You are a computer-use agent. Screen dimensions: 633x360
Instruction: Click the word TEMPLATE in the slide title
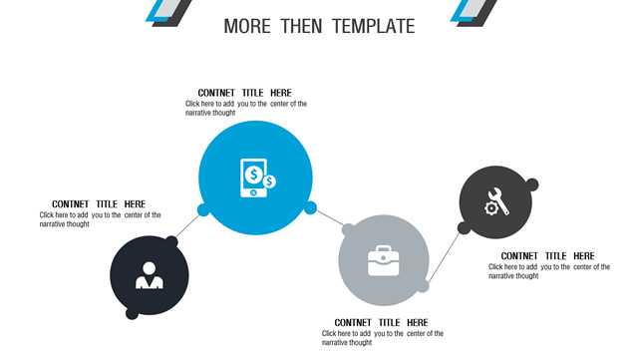point(374,26)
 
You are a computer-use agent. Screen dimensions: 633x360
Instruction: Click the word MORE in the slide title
point(247,26)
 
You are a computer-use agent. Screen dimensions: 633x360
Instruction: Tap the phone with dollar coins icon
point(257,178)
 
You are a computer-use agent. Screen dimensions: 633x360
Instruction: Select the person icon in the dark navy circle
point(149,275)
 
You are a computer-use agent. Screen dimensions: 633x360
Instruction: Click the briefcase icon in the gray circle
point(384,260)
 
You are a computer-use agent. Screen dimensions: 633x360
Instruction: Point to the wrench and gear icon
point(496,201)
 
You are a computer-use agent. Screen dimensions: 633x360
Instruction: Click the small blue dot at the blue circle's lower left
point(203,209)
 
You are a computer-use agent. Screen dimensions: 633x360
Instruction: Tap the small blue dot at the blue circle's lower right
point(310,208)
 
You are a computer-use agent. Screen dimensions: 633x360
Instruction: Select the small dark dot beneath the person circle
point(132,313)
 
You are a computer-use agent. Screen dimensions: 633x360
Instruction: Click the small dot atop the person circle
point(171,242)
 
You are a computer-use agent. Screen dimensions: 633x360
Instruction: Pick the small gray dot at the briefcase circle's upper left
point(348,230)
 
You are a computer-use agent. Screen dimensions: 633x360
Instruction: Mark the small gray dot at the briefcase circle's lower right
point(423,286)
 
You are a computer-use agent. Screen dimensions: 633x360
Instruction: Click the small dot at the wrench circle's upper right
point(532,184)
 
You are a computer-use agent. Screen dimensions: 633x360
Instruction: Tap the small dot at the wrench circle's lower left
point(464,228)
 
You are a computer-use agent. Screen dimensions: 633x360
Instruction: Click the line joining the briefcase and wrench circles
point(444,257)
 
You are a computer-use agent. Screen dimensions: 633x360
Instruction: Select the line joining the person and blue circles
point(187,225)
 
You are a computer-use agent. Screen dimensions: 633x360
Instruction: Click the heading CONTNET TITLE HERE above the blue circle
point(244,93)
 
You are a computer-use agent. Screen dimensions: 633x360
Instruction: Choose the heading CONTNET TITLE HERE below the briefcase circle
point(381,323)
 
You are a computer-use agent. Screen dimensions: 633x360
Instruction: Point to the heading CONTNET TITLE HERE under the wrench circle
point(548,256)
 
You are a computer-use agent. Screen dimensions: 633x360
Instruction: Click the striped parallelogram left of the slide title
point(168,12)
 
